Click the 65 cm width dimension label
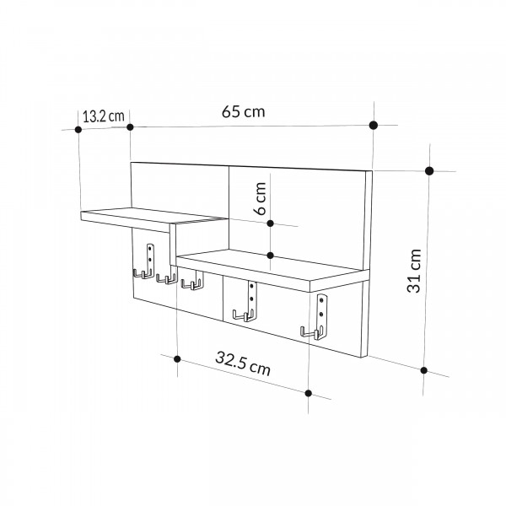[x=244, y=111]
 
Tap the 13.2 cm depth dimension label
[x=103, y=116]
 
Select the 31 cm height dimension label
[x=414, y=271]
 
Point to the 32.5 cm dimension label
[x=243, y=363]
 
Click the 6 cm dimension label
[x=260, y=198]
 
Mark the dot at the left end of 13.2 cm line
[x=78, y=129]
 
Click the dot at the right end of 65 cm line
[x=374, y=125]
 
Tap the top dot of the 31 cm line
[x=429, y=171]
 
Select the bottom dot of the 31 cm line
[x=424, y=370]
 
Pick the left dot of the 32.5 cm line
[x=177, y=359]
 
